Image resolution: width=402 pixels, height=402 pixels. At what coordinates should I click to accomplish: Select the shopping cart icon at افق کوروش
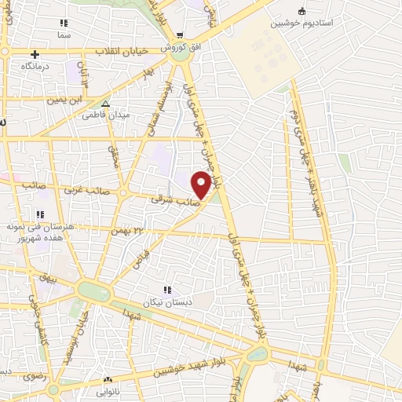click(x=181, y=35)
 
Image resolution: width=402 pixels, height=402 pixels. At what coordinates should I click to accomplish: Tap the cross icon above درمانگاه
click(x=35, y=54)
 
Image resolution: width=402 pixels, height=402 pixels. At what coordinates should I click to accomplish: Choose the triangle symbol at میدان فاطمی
click(x=106, y=103)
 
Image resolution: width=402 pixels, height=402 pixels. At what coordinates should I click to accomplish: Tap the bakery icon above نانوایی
click(x=108, y=379)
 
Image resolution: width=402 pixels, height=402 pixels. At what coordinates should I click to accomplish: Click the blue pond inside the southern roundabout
click(x=256, y=354)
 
